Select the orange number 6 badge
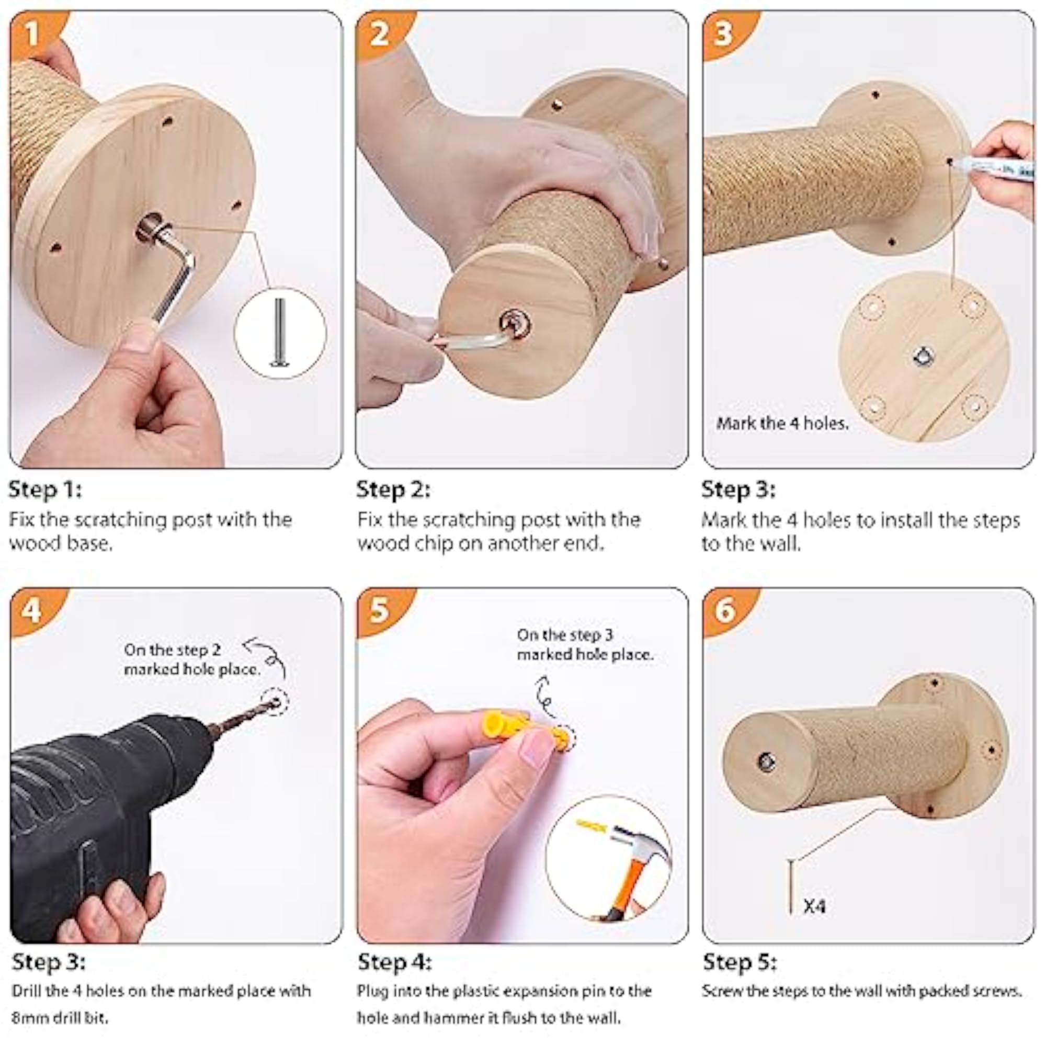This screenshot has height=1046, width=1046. point(725,611)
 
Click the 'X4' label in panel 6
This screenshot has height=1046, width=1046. point(814,906)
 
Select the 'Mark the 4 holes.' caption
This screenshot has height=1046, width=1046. point(782,424)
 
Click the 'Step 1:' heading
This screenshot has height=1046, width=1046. point(45,490)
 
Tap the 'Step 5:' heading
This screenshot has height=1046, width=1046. point(740,962)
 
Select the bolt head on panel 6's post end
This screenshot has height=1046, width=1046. point(766,762)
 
